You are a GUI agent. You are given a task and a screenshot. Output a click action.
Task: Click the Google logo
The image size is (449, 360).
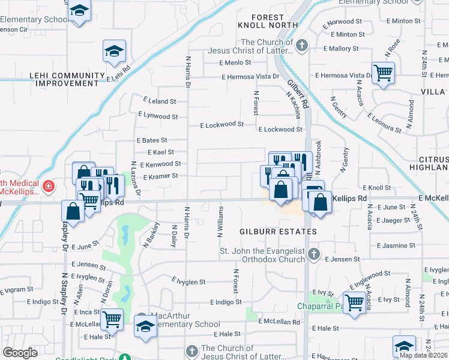[20, 353]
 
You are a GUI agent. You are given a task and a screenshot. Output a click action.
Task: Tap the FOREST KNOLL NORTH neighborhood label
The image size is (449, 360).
[268, 21]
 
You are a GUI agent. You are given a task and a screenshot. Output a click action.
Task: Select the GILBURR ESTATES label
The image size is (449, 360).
[278, 232]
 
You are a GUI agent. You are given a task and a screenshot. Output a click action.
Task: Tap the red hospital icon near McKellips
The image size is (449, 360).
[48, 187]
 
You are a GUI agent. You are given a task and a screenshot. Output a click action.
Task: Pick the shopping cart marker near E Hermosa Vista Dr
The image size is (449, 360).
[383, 73]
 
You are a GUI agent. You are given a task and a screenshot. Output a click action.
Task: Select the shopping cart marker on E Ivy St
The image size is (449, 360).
[354, 302]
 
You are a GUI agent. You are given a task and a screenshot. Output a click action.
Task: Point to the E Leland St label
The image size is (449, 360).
[159, 102]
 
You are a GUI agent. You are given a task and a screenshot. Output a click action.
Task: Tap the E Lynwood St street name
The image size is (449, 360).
[158, 116]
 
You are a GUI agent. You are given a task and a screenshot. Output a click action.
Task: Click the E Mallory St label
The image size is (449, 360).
[340, 48]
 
